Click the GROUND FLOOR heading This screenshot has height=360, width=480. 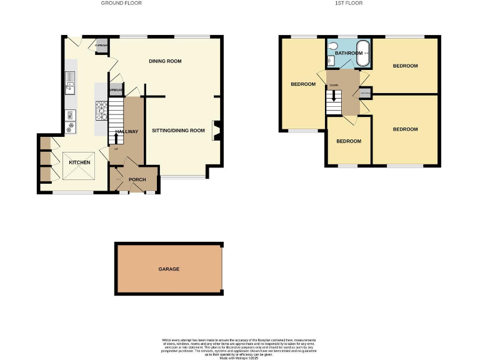click(x=121, y=3)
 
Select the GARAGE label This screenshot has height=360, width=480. click(x=168, y=269)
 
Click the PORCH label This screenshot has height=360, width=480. click(x=137, y=180)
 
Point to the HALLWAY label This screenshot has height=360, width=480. click(x=126, y=132)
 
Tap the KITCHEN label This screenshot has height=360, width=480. click(x=79, y=162)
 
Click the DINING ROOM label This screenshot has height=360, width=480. click(x=165, y=61)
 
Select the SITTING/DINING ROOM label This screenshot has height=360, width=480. click(x=179, y=131)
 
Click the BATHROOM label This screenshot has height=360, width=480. click(x=348, y=53)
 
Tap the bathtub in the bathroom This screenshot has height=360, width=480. click(x=363, y=54)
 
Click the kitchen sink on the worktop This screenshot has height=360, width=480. click(x=70, y=82)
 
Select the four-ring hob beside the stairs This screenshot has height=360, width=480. click(x=101, y=111)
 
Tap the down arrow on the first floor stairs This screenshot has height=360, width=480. click(x=334, y=96)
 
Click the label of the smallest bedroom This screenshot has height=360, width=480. click(x=349, y=141)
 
